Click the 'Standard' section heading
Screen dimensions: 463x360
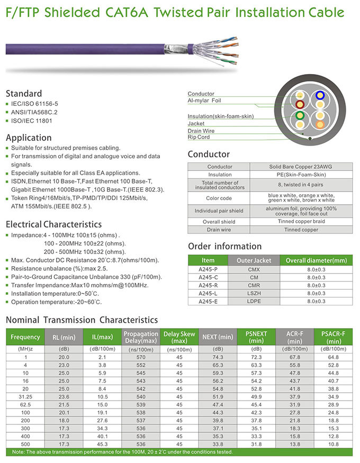[24, 94]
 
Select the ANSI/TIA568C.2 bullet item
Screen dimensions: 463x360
[35, 112]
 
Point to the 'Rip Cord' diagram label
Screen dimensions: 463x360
[199, 137]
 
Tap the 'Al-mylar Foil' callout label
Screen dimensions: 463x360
[204, 100]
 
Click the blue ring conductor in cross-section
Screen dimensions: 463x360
[319, 96]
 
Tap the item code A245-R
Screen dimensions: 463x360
[208, 285]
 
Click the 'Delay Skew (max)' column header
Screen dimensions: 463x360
[179, 338]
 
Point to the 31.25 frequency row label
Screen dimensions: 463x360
[25, 396]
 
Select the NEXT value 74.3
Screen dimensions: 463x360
[218, 357]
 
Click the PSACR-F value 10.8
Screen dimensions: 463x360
[333, 443]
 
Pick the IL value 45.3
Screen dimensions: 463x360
[103, 443]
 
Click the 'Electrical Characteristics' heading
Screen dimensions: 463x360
[53, 224]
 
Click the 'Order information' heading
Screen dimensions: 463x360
[224, 246]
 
